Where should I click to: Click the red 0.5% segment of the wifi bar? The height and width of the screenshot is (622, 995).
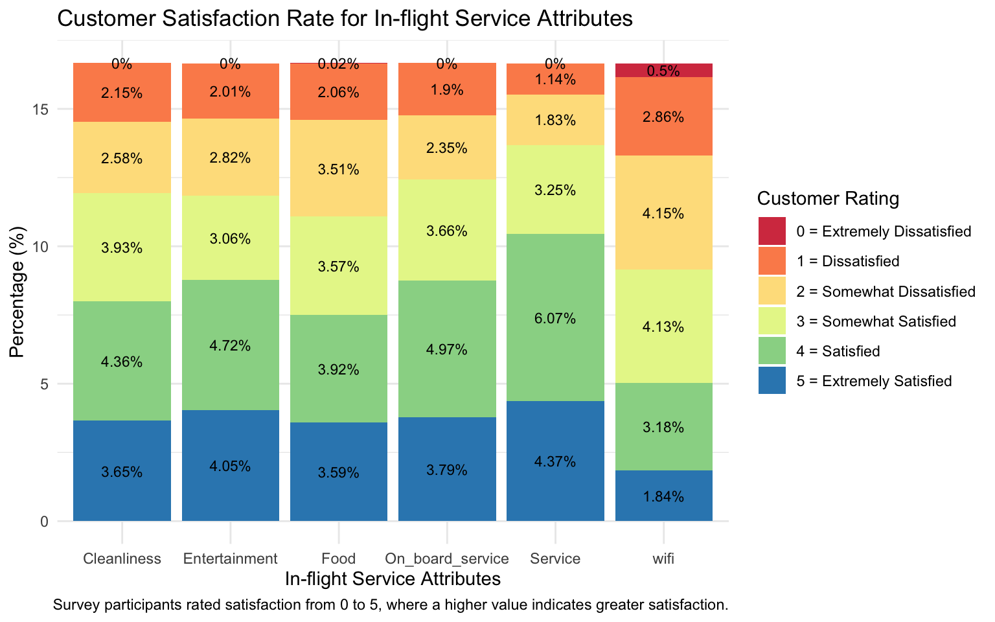663,70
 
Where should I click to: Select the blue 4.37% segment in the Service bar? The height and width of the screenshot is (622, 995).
555,461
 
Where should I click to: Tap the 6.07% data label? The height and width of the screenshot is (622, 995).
555,318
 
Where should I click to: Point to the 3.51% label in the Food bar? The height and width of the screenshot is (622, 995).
339,169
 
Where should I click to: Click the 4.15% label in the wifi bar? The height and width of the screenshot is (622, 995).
663,213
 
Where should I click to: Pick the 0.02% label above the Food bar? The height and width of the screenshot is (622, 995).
339,64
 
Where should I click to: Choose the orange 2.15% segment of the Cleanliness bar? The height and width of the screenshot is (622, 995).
122,93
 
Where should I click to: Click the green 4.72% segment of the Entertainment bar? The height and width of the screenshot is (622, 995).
231,345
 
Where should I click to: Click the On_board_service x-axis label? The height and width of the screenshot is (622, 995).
447,559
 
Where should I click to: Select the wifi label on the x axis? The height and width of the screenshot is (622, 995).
663,559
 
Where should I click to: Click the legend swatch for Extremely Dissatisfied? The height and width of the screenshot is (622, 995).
772,231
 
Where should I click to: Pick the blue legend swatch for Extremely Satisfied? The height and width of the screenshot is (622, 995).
772,380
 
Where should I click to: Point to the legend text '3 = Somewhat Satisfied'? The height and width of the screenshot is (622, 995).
876,321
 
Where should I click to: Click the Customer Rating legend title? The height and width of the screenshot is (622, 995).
828,198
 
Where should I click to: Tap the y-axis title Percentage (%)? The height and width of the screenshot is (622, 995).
17,292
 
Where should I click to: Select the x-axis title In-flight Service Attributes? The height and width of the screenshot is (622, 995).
393,579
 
